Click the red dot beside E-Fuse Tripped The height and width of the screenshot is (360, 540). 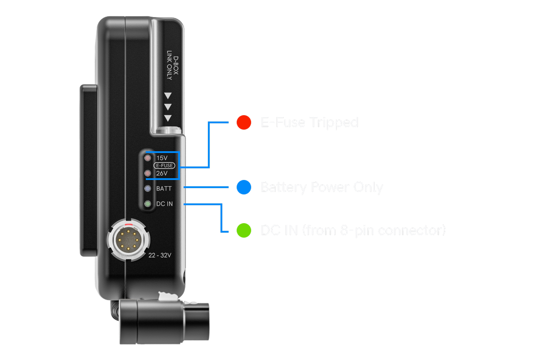244,122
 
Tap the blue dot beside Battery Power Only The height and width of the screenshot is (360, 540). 244,187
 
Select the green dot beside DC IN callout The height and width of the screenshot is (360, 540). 244,231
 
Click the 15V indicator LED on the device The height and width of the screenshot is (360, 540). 147,158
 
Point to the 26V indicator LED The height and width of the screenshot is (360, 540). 147,173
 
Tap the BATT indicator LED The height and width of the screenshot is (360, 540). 147,189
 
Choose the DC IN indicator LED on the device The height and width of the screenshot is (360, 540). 147,204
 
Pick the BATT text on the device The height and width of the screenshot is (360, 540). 164,189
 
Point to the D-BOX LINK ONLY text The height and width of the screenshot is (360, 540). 173,68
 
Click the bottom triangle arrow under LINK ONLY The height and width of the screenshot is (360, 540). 168,118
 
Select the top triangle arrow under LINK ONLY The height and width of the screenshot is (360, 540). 168,95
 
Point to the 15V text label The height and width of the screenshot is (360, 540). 162,158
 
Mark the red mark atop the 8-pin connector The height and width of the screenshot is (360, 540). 128,224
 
